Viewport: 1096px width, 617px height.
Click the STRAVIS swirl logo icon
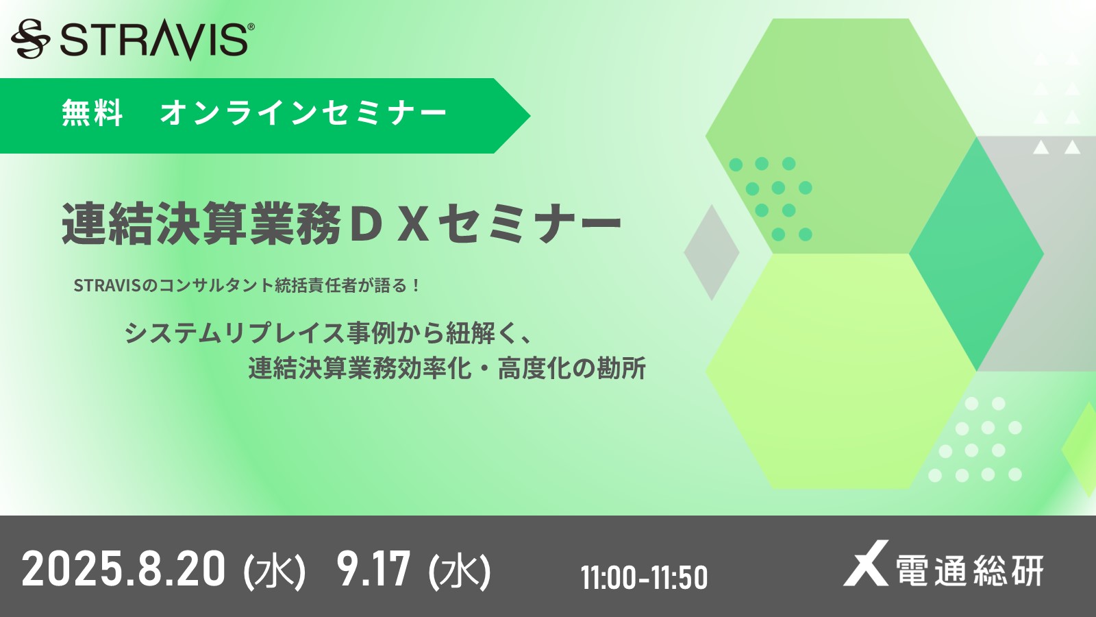(x=30, y=38)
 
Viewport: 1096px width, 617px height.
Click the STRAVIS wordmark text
(x=153, y=40)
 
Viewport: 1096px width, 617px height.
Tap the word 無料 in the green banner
(x=92, y=113)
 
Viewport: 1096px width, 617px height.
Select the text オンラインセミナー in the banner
(x=303, y=113)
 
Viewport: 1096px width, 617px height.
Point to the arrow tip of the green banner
(x=530, y=116)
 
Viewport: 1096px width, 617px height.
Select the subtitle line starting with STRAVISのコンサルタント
(x=247, y=285)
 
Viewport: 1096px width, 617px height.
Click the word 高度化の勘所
(x=572, y=368)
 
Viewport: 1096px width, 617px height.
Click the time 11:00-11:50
(x=644, y=577)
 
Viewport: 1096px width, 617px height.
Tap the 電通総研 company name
(x=969, y=570)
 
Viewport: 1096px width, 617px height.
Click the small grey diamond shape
(x=712, y=252)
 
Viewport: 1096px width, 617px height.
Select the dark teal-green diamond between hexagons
(x=976, y=254)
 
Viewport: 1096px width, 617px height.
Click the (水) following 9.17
(x=459, y=571)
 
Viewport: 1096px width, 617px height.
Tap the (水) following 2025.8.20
(x=275, y=571)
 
